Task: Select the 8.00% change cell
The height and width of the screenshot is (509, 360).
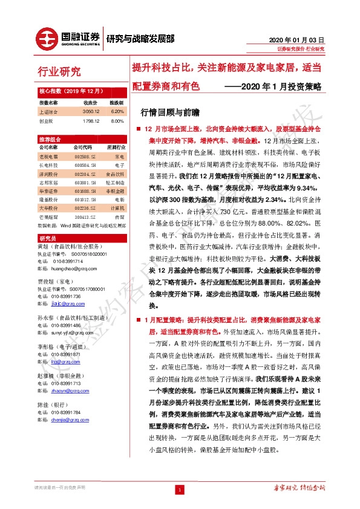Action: pos(117,120)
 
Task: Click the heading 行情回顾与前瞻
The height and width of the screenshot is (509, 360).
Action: pos(160,112)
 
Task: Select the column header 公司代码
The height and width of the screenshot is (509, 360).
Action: pos(82,147)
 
